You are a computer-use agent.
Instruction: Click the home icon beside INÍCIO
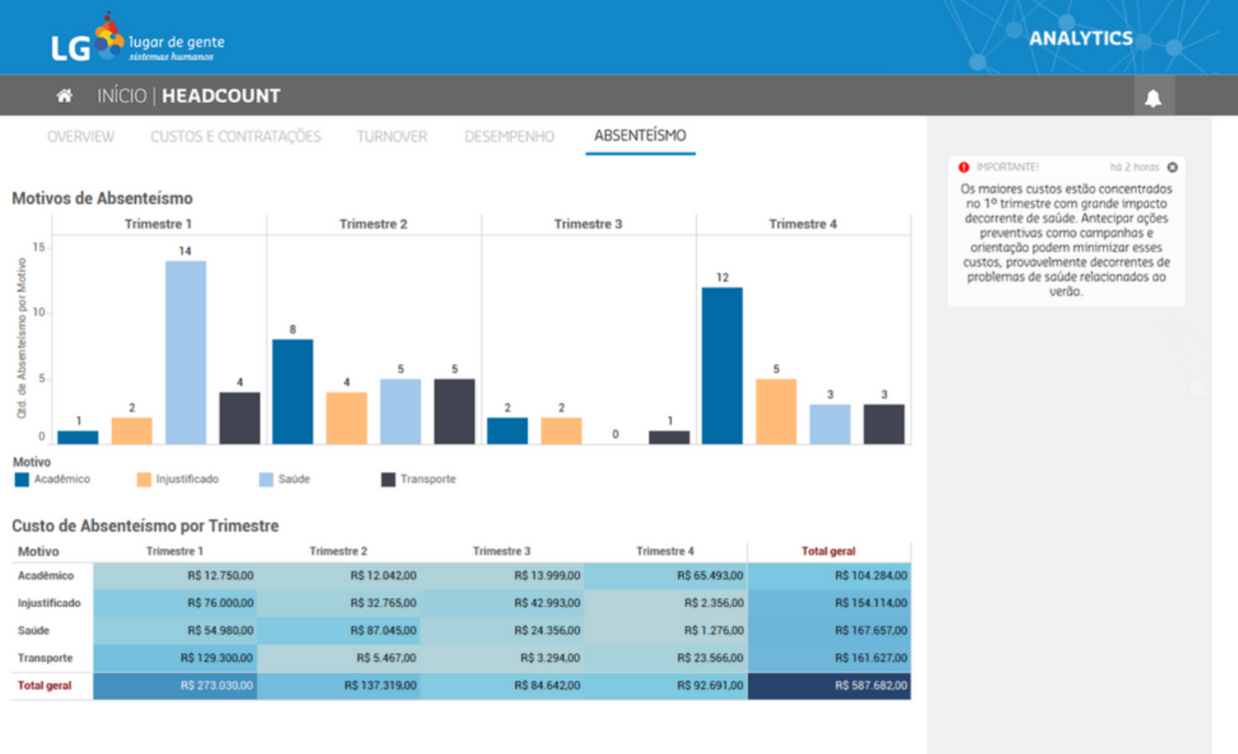point(65,96)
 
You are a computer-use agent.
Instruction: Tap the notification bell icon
point(1153,98)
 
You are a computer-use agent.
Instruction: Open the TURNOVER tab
point(391,136)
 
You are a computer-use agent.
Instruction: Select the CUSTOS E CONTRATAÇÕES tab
point(236,136)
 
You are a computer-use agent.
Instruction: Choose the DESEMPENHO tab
point(509,136)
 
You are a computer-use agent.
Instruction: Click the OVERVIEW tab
point(81,136)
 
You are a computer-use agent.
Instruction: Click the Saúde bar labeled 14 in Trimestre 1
point(186,352)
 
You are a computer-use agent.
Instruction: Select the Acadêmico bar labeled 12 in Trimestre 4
point(722,366)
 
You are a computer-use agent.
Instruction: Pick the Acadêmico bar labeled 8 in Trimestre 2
point(293,391)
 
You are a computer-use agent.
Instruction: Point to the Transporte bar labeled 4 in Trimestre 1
point(240,417)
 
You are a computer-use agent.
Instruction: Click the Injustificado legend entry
point(178,479)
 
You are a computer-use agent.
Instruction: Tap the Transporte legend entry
point(419,479)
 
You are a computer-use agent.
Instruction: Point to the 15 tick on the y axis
point(39,247)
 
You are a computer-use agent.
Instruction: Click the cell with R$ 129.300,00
point(176,658)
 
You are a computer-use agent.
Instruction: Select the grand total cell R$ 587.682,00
point(829,686)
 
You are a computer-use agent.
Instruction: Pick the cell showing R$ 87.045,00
point(339,630)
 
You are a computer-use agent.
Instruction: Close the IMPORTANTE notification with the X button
point(1172,168)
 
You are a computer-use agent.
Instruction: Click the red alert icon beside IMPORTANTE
point(963,168)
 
